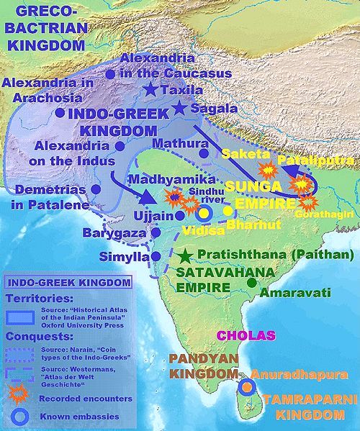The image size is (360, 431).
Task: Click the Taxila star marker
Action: click(x=150, y=90)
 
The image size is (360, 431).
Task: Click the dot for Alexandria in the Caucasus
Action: click(x=109, y=73)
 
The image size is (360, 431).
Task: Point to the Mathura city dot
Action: click(x=204, y=153)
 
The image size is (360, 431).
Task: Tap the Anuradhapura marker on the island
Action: click(x=247, y=386)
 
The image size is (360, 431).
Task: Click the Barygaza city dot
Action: click(x=156, y=233)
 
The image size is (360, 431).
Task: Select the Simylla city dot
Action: click(x=155, y=256)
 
